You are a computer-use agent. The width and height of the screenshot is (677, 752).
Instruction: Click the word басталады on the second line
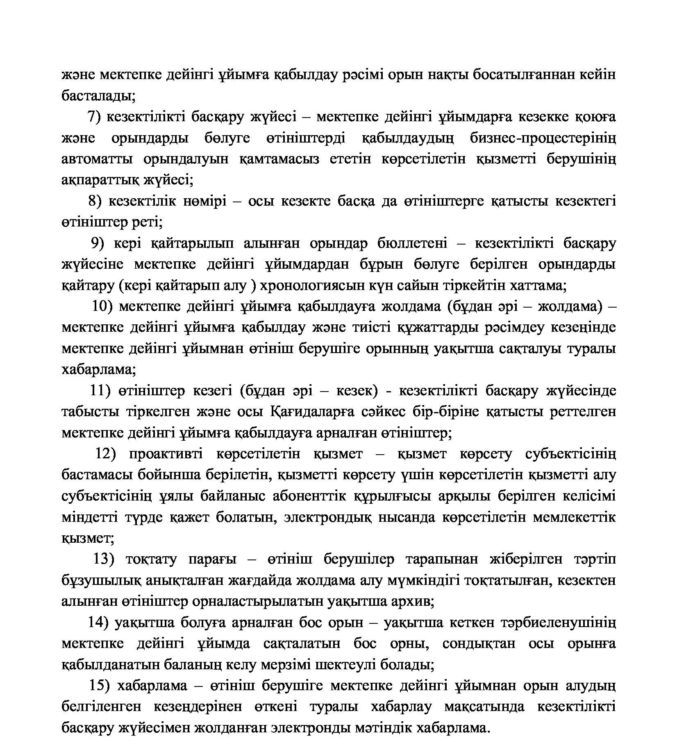point(96,96)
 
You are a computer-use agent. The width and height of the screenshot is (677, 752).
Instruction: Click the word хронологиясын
point(319,285)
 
